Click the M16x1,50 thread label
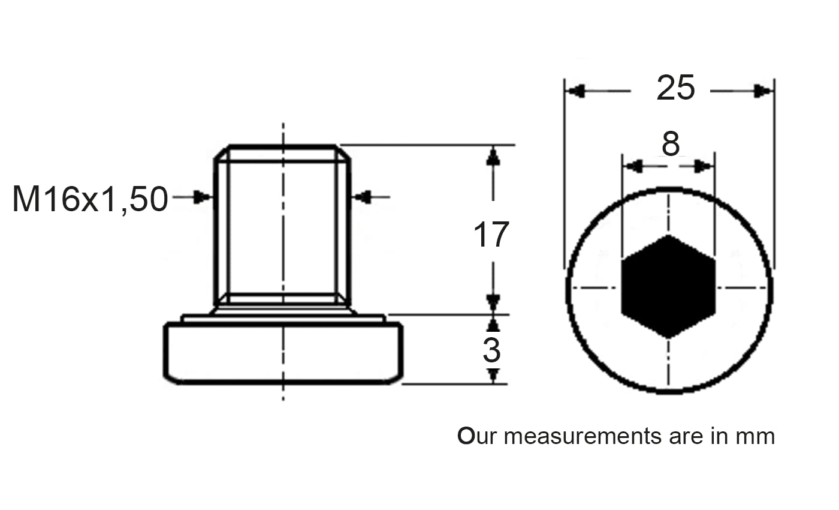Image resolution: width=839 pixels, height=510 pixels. (x=90, y=199)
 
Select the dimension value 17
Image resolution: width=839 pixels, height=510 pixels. (x=491, y=235)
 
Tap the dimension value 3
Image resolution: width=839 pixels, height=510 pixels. (x=491, y=350)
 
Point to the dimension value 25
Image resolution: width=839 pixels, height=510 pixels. (x=676, y=88)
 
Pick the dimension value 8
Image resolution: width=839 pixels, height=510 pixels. (x=671, y=143)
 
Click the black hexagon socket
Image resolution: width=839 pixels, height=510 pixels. (x=669, y=287)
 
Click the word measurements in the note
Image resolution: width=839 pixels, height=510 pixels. (x=583, y=437)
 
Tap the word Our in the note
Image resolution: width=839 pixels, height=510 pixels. (x=477, y=437)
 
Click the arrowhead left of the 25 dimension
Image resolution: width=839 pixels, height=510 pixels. (x=575, y=91)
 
